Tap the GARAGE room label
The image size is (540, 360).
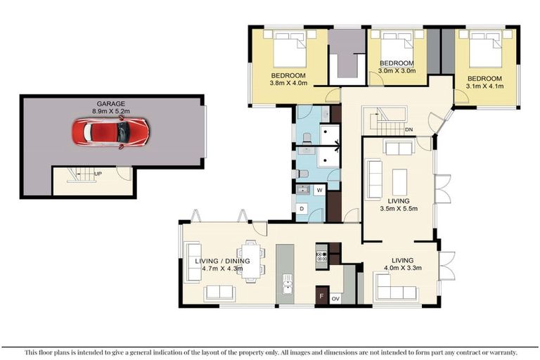click(110, 103)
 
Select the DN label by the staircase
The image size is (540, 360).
click(409, 130)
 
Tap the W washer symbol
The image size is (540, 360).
click(319, 190)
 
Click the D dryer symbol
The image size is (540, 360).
click(302, 209)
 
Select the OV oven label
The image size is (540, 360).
click(335, 298)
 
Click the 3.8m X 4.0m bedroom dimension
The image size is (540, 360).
click(288, 83)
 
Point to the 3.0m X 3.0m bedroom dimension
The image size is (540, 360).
click(398, 70)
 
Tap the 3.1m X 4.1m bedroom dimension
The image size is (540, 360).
click(485, 86)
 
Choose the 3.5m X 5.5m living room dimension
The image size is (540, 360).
click(398, 208)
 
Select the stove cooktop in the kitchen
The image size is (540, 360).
click(322, 256)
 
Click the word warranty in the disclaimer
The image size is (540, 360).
click(499, 352)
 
